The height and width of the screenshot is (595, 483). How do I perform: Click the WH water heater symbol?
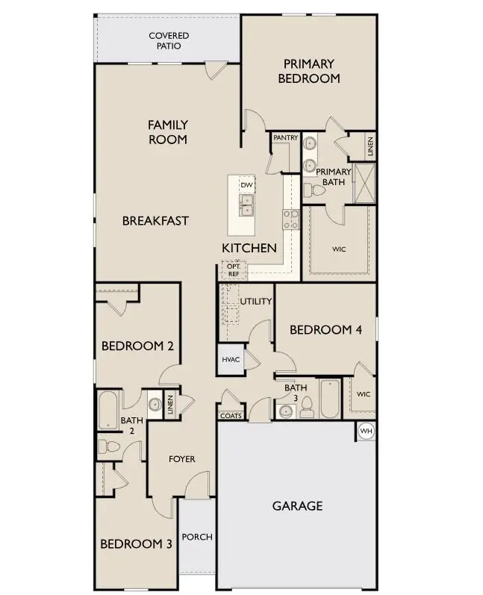[366, 431]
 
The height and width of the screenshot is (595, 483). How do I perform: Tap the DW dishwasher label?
[246, 184]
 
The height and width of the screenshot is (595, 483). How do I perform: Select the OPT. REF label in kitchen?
[233, 270]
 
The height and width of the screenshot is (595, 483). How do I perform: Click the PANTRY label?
[285, 138]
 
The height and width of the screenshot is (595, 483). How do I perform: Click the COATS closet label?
[231, 416]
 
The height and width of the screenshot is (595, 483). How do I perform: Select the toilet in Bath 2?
[107, 446]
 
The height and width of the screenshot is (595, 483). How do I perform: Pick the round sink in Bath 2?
[155, 405]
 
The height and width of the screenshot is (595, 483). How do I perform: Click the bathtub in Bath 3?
[329, 399]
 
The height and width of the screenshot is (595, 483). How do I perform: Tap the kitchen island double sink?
[246, 202]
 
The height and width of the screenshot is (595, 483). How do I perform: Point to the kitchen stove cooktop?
[290, 219]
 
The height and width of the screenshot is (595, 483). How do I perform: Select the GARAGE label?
[297, 505]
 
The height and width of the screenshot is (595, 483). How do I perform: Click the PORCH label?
[197, 537]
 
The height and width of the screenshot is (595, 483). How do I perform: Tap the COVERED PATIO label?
[169, 40]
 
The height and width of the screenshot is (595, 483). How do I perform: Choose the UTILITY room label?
[256, 302]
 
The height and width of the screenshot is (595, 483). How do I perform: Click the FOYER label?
[181, 459]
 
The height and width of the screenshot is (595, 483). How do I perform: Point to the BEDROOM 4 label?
[325, 329]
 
